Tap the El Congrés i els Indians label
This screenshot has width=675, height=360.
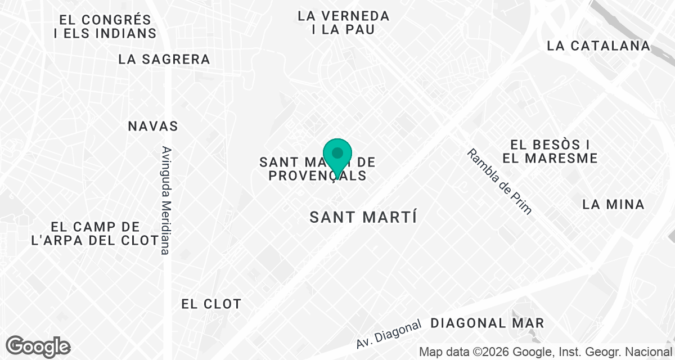point(105,26)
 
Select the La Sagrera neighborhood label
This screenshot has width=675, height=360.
point(164,59)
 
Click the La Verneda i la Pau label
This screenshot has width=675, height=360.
point(344,22)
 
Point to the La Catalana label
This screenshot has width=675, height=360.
point(598,46)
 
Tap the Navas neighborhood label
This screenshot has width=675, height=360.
point(153,125)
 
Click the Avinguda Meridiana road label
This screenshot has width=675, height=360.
point(165,200)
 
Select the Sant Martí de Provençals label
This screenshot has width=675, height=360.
point(317,169)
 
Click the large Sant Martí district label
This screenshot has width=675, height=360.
point(363,217)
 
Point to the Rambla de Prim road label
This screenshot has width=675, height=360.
point(498,181)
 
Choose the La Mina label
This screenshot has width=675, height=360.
point(613,204)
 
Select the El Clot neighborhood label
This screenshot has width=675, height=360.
point(211,304)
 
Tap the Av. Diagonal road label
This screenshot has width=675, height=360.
point(389,334)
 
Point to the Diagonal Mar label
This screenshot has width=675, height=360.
point(487,323)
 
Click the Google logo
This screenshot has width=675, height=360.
point(38,346)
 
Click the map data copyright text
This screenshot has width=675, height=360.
point(546,352)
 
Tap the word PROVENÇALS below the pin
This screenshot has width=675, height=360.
point(317,175)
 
